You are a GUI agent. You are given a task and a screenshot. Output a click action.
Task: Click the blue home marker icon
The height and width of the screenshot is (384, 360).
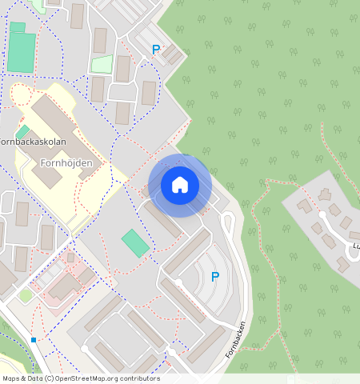tap(180, 185)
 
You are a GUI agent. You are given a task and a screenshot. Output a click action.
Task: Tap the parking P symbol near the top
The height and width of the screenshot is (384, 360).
tap(156, 50)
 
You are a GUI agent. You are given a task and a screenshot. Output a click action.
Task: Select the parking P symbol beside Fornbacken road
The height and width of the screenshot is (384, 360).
tap(214, 277)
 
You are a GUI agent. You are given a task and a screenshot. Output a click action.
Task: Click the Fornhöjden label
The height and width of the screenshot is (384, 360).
tap(66, 163)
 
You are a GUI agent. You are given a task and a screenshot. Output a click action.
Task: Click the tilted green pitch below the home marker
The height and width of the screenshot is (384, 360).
tap(135, 243)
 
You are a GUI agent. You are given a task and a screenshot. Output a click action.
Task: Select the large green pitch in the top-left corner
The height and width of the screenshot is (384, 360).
tap(22, 52)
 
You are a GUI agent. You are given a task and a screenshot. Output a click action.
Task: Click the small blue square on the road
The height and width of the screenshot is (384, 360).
tap(34, 341)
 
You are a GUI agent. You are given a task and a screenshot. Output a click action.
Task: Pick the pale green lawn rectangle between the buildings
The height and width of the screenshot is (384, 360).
tap(102, 64)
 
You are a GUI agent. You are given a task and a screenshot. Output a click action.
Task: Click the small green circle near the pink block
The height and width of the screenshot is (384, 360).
tap(26, 296)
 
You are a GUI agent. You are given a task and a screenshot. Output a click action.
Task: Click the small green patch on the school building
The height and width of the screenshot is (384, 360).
tap(23, 131)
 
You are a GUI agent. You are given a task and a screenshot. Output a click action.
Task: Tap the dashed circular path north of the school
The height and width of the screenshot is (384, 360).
tap(21, 97)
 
